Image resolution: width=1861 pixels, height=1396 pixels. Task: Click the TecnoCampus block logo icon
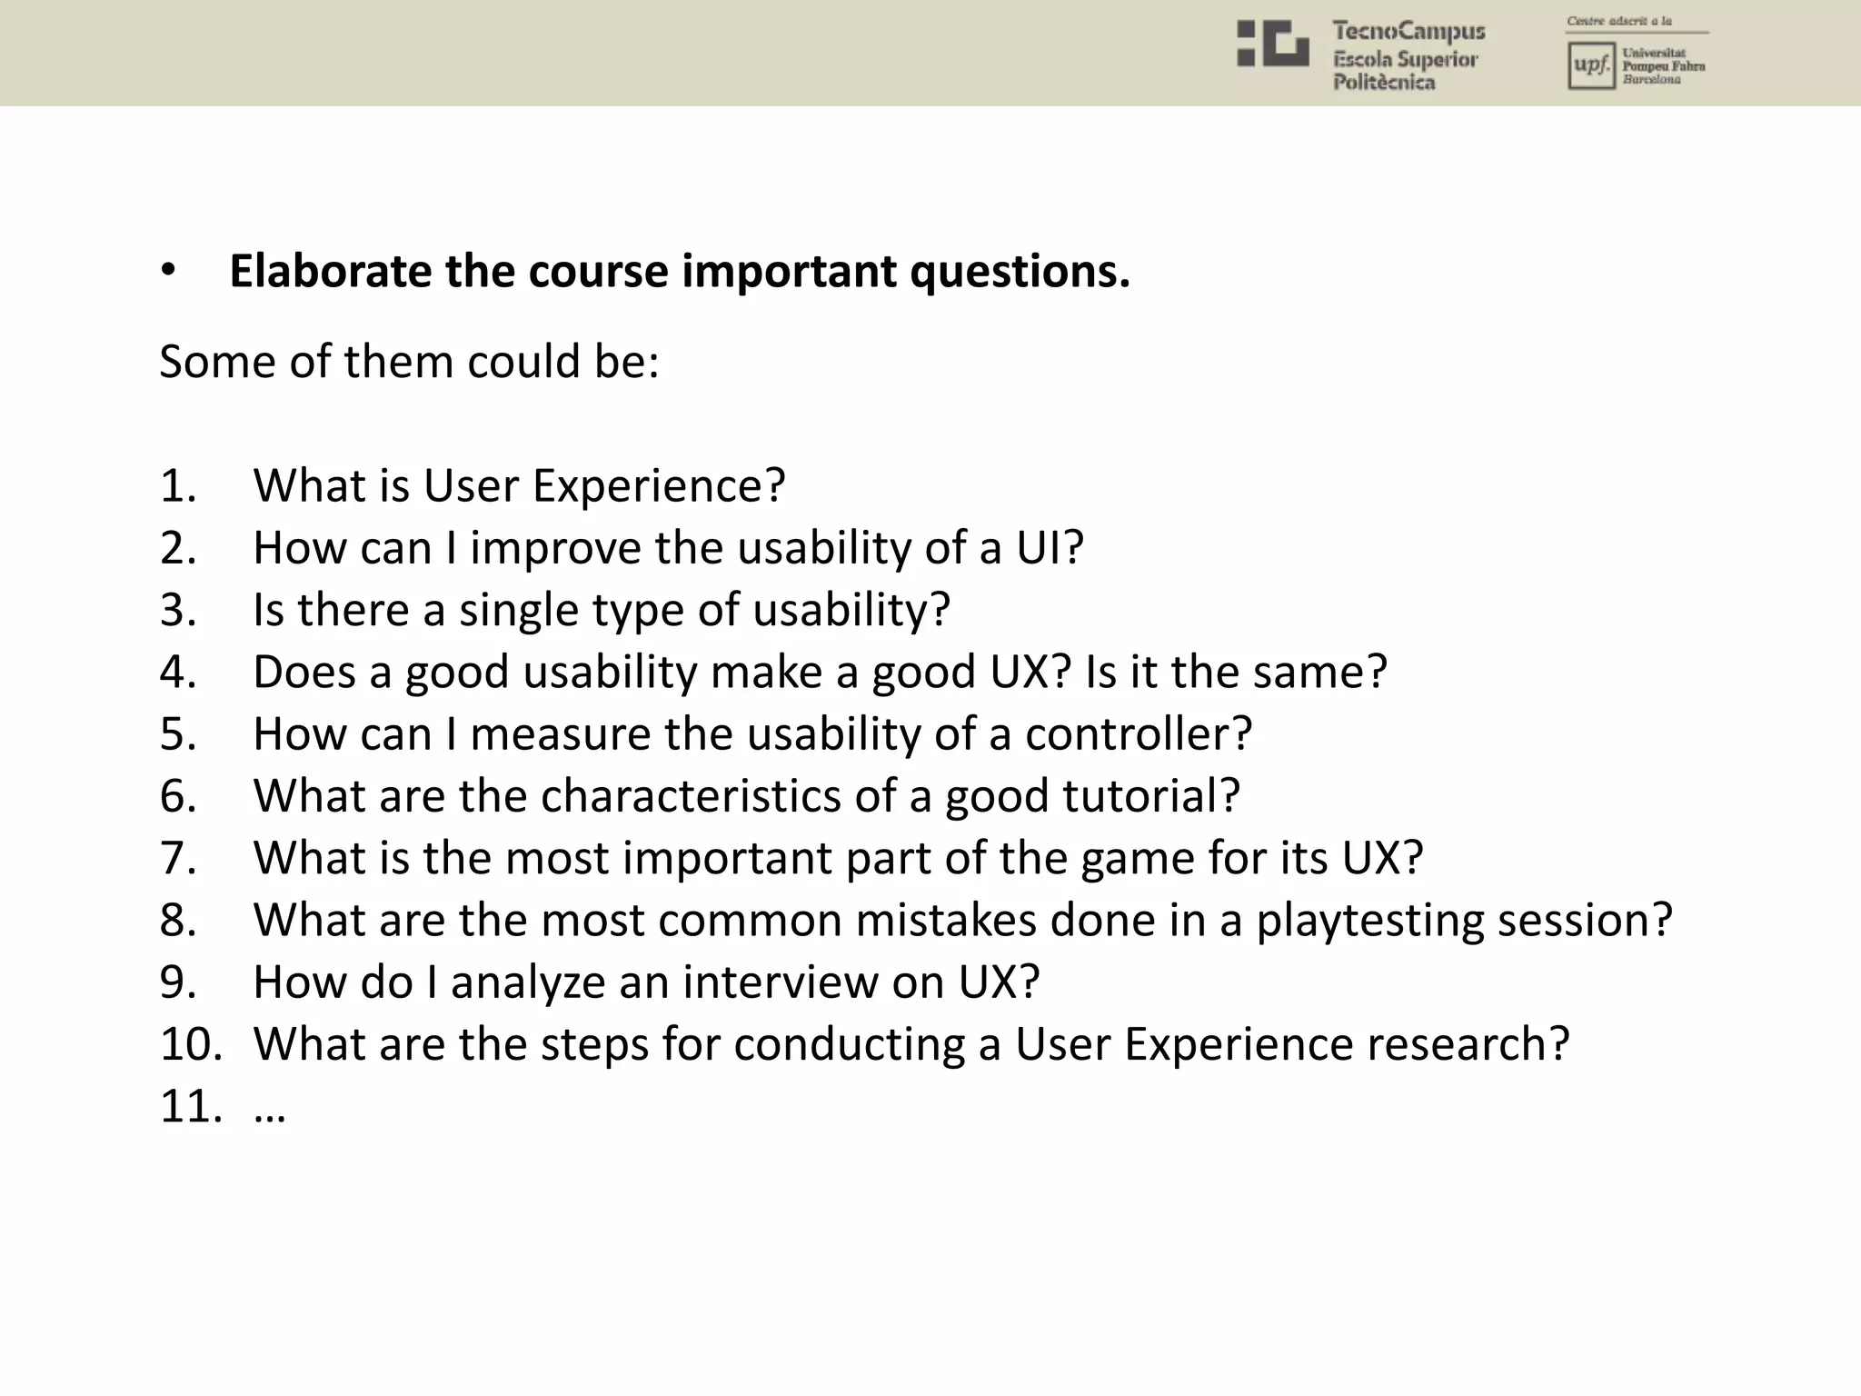[x=1272, y=44]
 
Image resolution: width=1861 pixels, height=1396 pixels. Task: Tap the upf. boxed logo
[x=1590, y=66]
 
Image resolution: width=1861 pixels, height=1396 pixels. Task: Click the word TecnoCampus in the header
[x=1408, y=31]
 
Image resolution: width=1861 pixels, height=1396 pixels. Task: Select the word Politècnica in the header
[x=1384, y=83]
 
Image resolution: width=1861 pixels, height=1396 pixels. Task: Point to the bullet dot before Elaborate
[x=167, y=272]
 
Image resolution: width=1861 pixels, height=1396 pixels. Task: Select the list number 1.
[x=178, y=486]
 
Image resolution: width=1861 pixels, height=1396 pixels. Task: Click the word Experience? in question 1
[x=659, y=486]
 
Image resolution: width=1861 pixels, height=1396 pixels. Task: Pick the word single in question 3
[x=517, y=610]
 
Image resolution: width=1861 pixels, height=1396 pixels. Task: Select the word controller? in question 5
[x=1139, y=734]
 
